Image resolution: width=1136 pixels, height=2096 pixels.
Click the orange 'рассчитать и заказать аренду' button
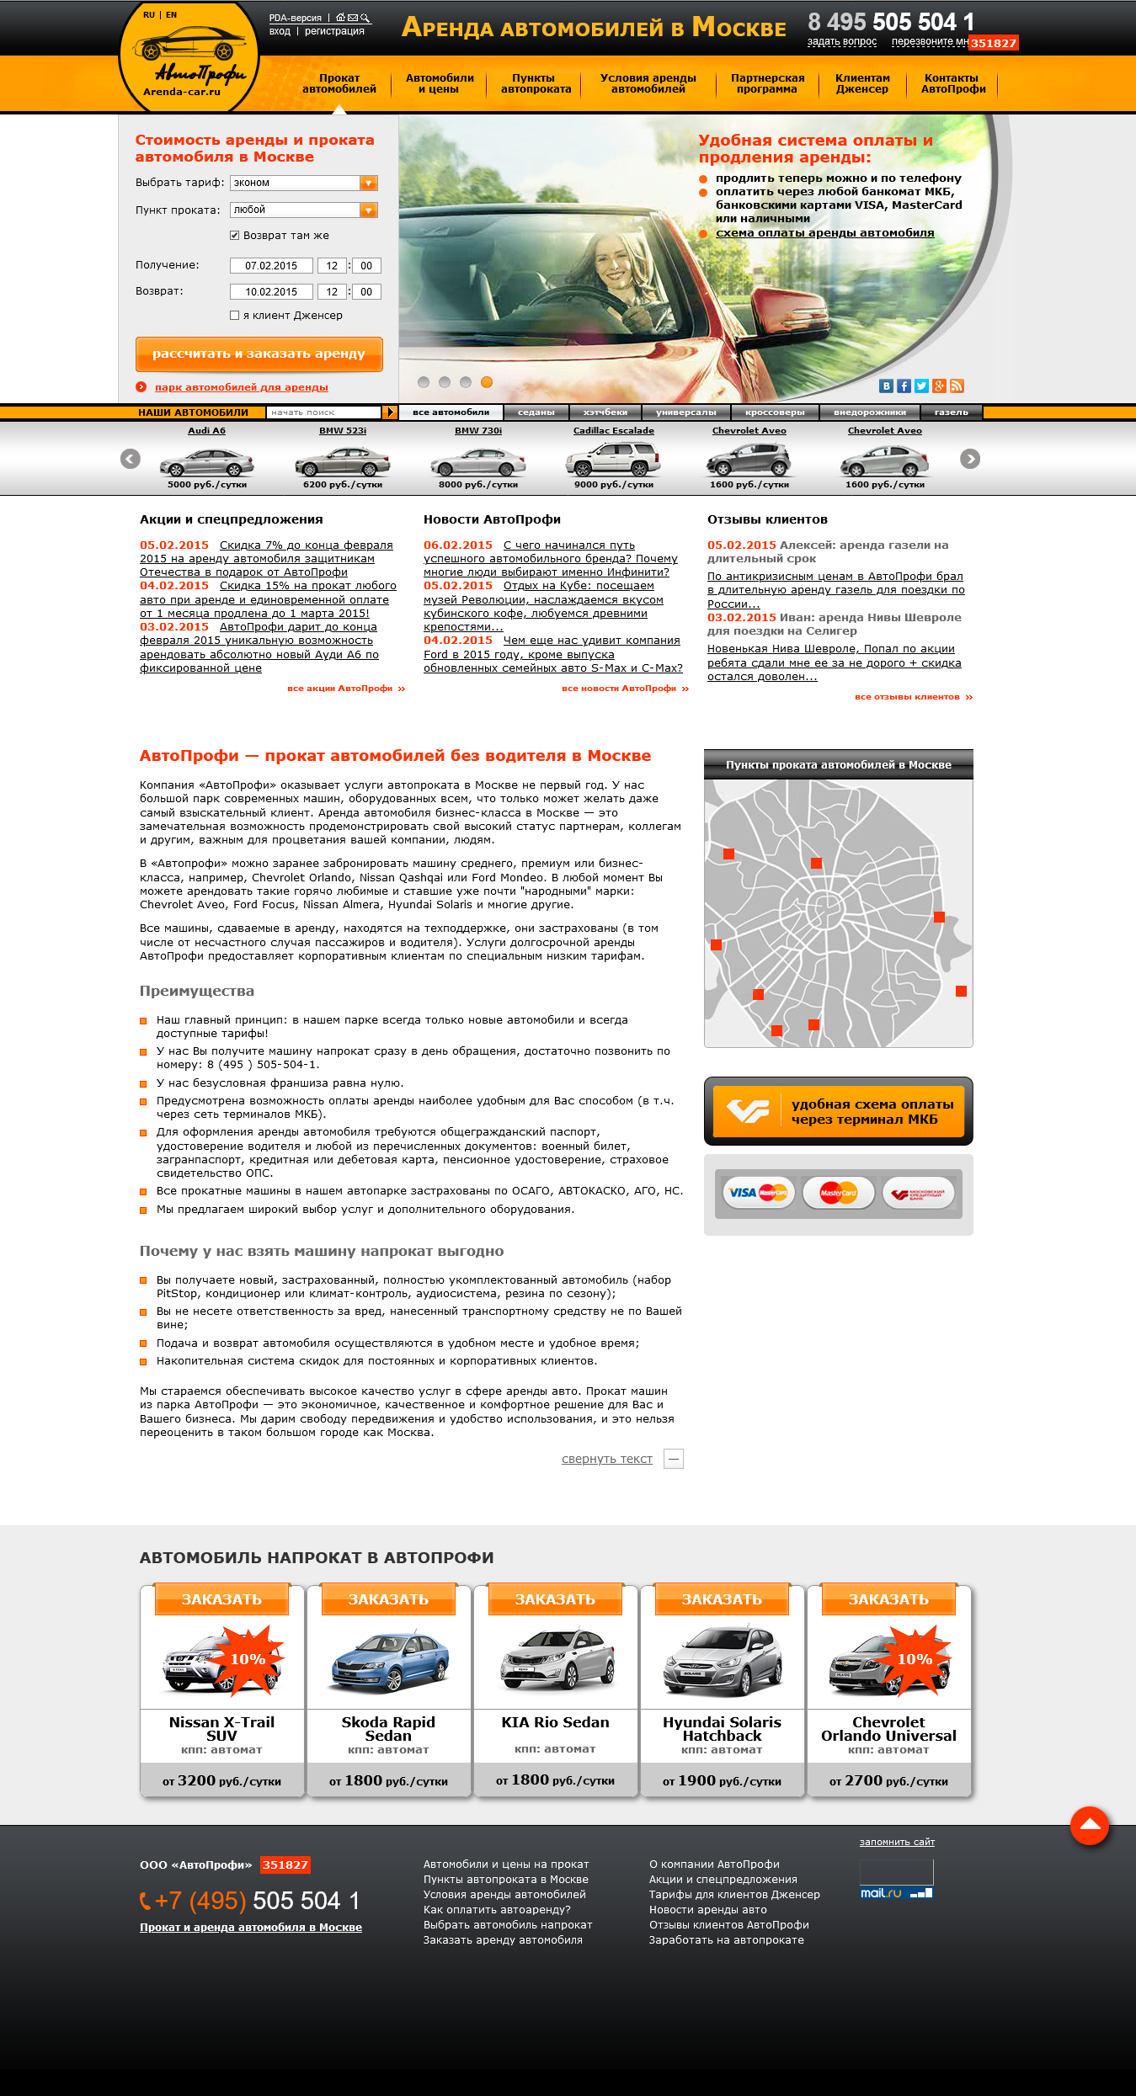click(259, 354)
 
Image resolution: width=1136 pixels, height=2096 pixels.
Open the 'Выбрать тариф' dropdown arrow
click(368, 183)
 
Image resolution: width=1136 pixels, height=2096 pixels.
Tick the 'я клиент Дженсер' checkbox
click(235, 316)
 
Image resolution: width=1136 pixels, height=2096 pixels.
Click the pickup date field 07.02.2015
click(271, 266)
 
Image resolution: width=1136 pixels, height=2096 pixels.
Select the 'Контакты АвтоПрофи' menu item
click(952, 83)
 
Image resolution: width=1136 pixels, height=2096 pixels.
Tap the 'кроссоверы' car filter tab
click(775, 412)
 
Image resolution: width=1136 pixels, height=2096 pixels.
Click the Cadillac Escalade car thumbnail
click(613, 460)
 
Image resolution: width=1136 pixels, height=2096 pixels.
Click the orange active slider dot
click(487, 382)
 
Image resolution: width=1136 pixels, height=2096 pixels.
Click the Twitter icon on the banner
click(921, 386)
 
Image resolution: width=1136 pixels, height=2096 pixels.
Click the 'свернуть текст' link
click(606, 1459)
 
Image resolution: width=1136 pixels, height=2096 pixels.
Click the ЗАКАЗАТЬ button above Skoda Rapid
click(388, 1599)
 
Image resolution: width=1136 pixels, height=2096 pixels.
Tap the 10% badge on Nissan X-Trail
click(248, 1659)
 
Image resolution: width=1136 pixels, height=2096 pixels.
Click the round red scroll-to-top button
click(1089, 1825)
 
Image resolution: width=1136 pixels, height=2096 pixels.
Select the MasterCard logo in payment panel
click(838, 1192)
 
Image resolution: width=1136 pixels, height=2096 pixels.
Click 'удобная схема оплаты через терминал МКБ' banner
click(838, 1111)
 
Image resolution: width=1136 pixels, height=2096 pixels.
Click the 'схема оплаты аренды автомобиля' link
click(824, 233)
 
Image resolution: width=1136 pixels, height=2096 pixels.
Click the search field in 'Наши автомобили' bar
click(323, 412)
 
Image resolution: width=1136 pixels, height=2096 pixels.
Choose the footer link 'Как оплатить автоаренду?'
click(497, 1909)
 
